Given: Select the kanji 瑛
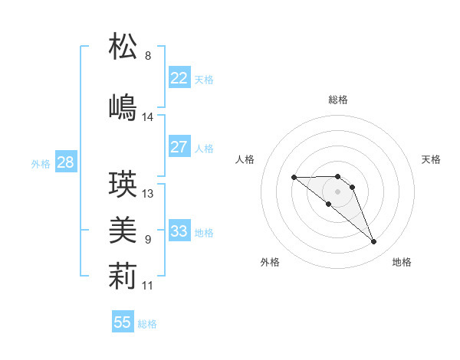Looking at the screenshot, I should coord(123,183).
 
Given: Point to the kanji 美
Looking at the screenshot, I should coord(123,229).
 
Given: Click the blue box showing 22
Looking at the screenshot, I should coord(179,78).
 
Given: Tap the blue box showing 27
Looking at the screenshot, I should coord(179,147).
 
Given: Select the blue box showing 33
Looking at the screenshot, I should coord(179,231).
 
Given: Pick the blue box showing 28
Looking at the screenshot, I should coord(64,162).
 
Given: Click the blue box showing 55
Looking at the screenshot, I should coord(123,322).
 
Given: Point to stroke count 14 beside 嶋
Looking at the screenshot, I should coord(148,117).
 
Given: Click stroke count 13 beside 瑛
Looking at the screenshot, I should coord(148,194).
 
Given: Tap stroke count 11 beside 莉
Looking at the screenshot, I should coord(148,285).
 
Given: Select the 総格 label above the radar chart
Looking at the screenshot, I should coord(338,100).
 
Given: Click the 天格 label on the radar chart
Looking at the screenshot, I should coord(432,159).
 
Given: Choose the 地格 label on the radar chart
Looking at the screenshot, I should coord(402,262).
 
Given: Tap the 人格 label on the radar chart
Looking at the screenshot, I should coord(245,159).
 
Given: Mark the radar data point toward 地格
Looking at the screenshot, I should coord(374,242).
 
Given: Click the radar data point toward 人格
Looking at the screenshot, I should coord(294,178).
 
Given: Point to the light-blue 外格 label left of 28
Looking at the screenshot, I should coord(40,163).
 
